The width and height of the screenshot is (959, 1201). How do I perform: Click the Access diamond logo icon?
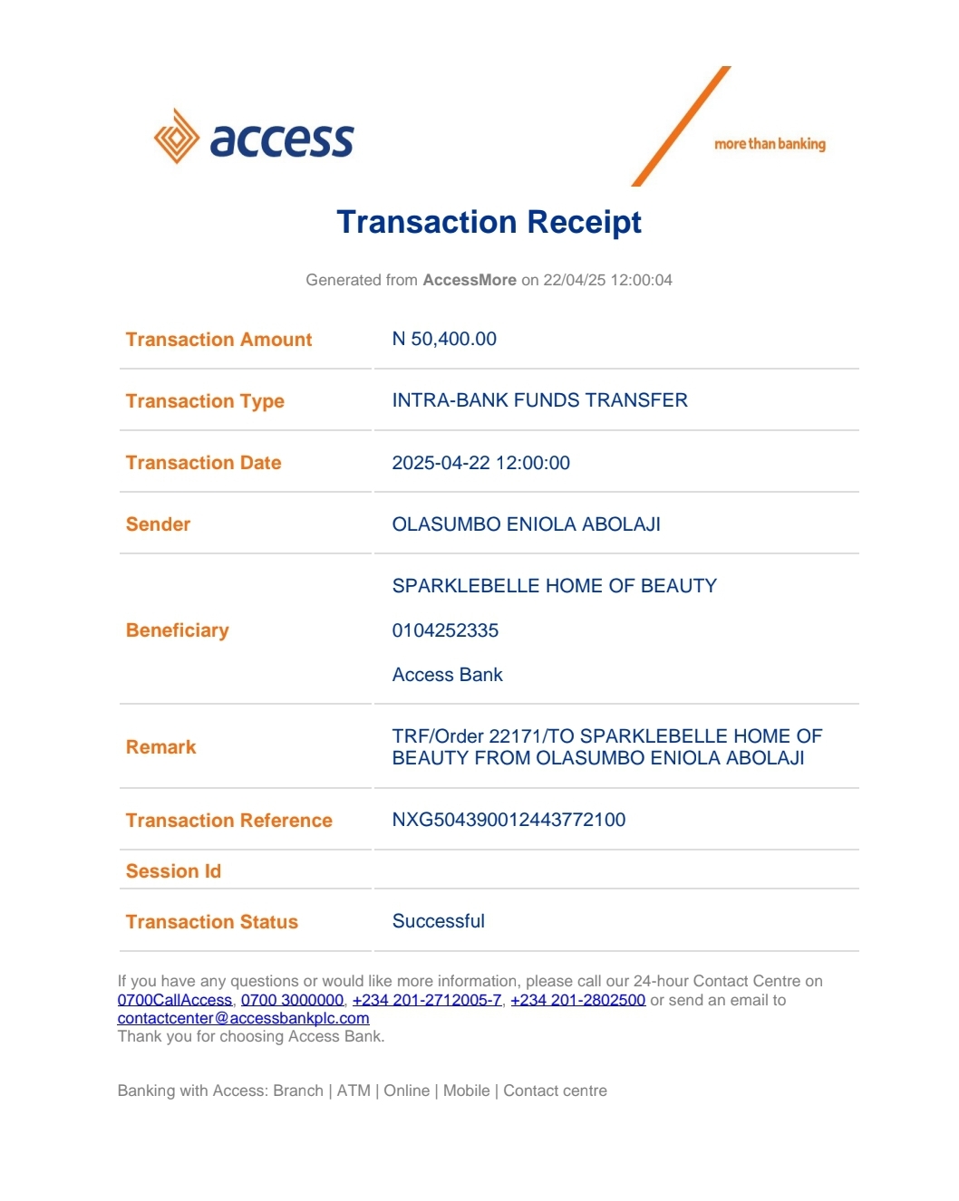tap(176, 137)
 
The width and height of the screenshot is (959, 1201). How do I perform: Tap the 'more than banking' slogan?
tap(770, 144)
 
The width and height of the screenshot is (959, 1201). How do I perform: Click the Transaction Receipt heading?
tap(489, 222)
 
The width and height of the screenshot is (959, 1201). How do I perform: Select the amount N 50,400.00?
tap(444, 339)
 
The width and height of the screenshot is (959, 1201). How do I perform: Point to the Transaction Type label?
tap(205, 401)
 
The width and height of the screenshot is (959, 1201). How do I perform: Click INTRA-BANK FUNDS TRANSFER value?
tap(539, 400)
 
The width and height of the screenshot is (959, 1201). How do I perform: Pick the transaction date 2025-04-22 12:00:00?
tap(480, 463)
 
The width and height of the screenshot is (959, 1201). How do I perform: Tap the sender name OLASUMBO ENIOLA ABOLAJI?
tap(526, 524)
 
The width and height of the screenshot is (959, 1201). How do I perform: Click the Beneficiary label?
tap(178, 630)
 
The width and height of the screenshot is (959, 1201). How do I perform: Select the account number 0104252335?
tap(445, 630)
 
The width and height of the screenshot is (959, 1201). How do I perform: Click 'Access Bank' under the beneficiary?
tap(447, 675)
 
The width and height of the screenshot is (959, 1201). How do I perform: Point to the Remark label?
tap(161, 747)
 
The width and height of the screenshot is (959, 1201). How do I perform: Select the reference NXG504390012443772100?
tap(509, 820)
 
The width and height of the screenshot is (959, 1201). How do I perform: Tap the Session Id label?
tap(173, 871)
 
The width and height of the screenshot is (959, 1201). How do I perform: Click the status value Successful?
tap(438, 921)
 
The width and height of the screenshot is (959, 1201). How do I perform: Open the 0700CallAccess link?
tap(175, 1000)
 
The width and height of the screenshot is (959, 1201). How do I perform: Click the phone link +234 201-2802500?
tap(577, 1000)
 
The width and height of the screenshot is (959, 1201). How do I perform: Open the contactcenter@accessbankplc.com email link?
tap(243, 1018)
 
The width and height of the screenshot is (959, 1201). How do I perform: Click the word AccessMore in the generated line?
tap(470, 280)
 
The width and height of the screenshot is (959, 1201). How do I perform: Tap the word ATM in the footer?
tap(354, 1091)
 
